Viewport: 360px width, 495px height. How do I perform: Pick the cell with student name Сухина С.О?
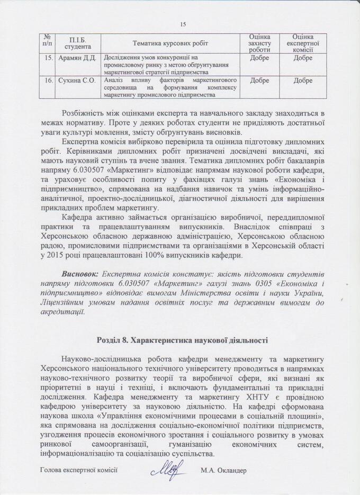tap(79, 80)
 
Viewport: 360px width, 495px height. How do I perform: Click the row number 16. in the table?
tap(48, 80)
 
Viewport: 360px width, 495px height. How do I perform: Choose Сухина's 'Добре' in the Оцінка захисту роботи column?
tap(259, 80)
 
